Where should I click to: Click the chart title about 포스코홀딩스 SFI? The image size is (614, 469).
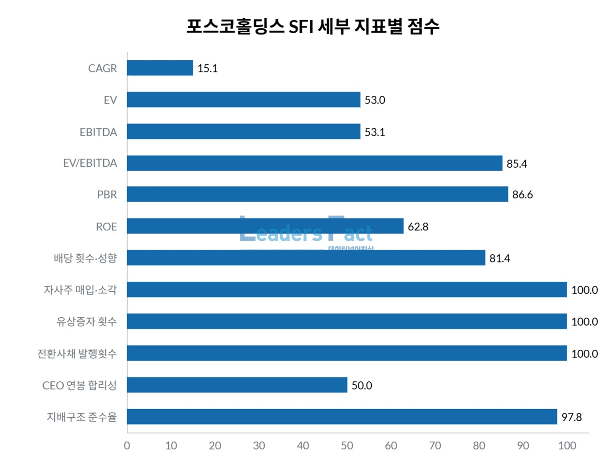coord(312,26)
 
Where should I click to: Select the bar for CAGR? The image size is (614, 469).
coord(160,68)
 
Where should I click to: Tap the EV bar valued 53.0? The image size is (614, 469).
coord(243,100)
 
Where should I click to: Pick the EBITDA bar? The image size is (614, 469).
coord(243,132)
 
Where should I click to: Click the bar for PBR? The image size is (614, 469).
coord(317,194)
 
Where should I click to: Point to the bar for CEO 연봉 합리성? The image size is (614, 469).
coord(237,385)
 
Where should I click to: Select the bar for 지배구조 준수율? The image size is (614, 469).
coord(342,417)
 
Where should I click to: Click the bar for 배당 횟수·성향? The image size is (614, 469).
coord(306,258)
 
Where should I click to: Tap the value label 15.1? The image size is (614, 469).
coord(207,69)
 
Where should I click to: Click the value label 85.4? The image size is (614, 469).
coord(517,164)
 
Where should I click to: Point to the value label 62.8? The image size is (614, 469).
coord(418,227)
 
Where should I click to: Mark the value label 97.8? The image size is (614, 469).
coord(571,417)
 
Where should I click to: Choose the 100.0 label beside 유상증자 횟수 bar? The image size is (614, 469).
coord(584,322)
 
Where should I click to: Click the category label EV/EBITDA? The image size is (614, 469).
coord(90,163)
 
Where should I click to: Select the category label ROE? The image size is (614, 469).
coord(106,227)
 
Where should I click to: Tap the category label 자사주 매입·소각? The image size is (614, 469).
coord(80,290)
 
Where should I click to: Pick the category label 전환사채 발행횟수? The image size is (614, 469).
coord(77,354)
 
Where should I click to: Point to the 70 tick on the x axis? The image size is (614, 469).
coord(435,446)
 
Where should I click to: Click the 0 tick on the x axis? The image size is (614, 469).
coord(127,446)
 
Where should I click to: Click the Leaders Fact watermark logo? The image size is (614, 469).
coord(306,233)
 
